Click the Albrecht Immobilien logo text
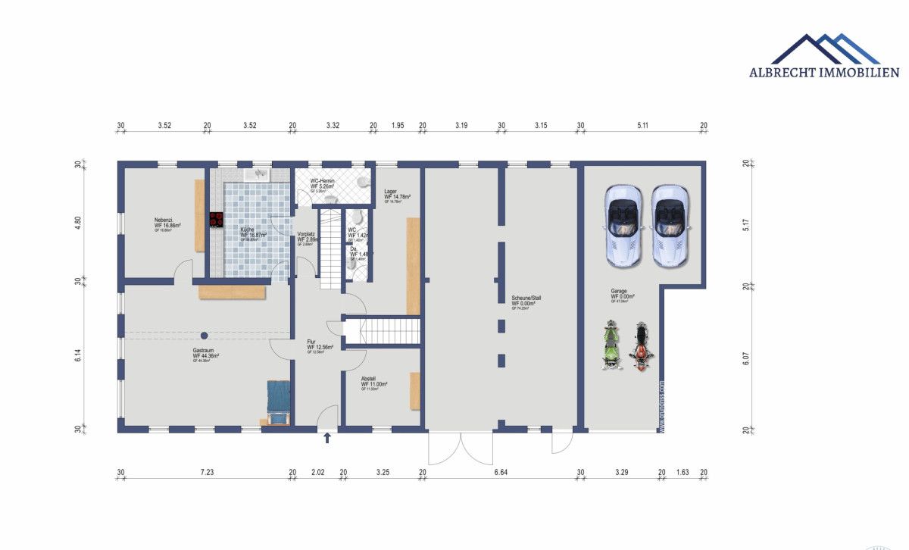point(824,73)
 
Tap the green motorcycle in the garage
point(611,345)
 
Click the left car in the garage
point(623,225)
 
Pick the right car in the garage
point(670,225)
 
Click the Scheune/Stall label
point(526,298)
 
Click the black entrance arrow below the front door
point(327,438)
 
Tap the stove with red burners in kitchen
point(216,220)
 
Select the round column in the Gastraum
point(204,335)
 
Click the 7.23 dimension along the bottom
point(207,473)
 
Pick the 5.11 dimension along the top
point(642,126)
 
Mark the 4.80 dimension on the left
point(77,223)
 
